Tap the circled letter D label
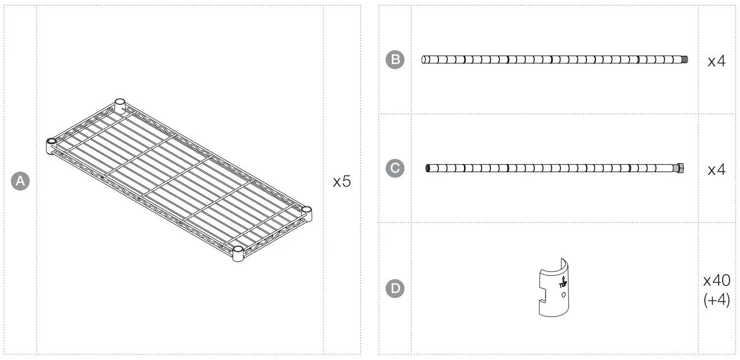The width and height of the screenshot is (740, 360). (396, 288)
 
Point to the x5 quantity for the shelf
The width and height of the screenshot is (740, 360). (341, 182)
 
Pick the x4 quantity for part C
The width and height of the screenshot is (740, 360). (716, 169)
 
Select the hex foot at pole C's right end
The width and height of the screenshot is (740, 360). (680, 168)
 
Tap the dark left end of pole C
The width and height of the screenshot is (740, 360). (428, 168)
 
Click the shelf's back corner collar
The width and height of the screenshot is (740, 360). (119, 104)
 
